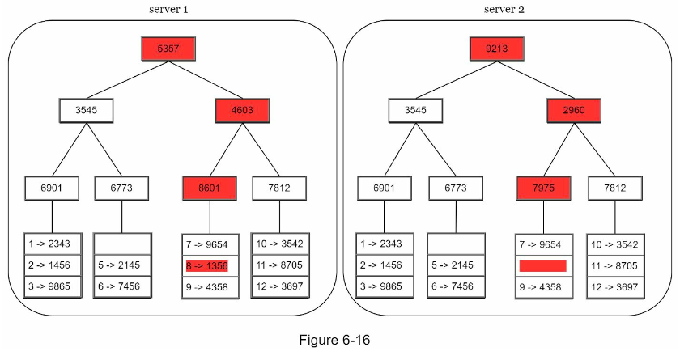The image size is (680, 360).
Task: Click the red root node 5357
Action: coord(168,49)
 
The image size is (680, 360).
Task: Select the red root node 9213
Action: coord(497,49)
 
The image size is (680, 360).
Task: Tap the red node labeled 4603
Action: coord(242,110)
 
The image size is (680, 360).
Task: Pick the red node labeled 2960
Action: coord(574,110)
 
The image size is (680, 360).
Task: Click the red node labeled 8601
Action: coord(210,188)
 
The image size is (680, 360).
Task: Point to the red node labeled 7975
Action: coord(543,188)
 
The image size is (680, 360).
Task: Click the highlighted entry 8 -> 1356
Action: coord(207,266)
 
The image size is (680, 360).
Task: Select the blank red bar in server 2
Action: coord(543,266)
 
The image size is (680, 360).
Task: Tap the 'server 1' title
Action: coord(168,10)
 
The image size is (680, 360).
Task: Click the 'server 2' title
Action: coord(504,10)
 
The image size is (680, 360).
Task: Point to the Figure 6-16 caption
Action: coord(334,340)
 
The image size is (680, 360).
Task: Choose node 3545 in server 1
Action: coord(86,110)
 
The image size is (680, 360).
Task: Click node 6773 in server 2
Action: coord(455,188)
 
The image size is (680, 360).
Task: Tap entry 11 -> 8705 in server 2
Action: coord(614,265)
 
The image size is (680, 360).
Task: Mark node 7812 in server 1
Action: coord(279,188)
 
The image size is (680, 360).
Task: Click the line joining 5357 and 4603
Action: coord(206,80)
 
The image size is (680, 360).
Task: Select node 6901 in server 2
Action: coord(385,188)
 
